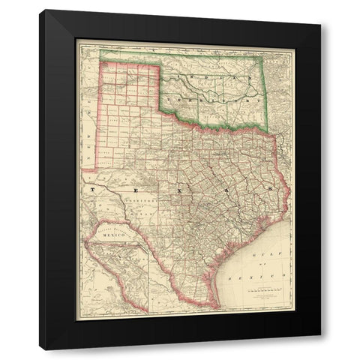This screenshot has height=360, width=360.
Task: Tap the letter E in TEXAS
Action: pos(137,190)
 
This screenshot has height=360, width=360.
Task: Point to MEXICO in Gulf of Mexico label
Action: pos(268,277)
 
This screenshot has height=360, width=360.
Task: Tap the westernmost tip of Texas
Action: pos(83,169)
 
